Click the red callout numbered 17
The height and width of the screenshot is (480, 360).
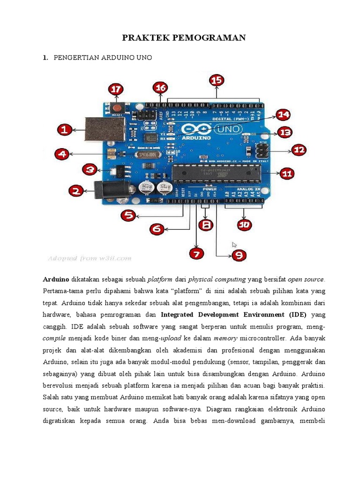coord(116,90)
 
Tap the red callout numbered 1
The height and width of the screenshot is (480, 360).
coord(65,130)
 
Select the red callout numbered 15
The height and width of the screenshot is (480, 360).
coord(216,80)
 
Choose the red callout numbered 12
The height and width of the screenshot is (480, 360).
coord(299,150)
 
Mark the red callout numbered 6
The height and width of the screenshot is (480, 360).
coord(157,229)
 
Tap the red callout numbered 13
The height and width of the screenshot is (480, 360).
coord(285,132)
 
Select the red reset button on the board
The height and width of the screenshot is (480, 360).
coord(117,109)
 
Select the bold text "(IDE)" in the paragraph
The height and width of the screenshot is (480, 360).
coord(292,315)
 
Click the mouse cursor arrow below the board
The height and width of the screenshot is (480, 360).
coord(234,245)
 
